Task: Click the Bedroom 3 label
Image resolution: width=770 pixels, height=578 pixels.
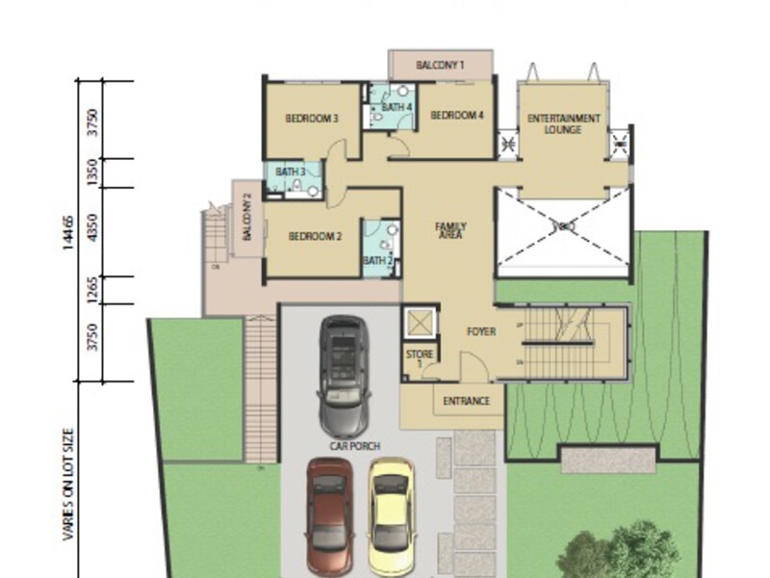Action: [311, 119]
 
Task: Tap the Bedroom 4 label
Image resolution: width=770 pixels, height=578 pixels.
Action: [456, 116]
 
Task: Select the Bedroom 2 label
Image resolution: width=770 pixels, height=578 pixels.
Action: [315, 236]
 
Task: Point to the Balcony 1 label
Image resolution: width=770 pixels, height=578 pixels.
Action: [440, 66]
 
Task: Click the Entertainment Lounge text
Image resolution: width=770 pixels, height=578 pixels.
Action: [563, 123]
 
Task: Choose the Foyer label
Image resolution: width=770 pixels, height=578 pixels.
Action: [481, 331]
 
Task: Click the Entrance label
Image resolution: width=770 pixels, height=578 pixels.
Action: [467, 401]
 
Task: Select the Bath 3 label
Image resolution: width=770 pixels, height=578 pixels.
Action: [290, 171]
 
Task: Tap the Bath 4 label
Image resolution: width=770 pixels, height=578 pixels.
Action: [397, 107]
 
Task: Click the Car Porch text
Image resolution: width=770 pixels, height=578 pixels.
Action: [355, 446]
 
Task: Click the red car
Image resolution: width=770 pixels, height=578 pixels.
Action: [329, 515]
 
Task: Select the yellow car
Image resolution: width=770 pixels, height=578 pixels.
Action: [392, 515]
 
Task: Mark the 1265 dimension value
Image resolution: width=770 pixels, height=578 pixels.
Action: [92, 290]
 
